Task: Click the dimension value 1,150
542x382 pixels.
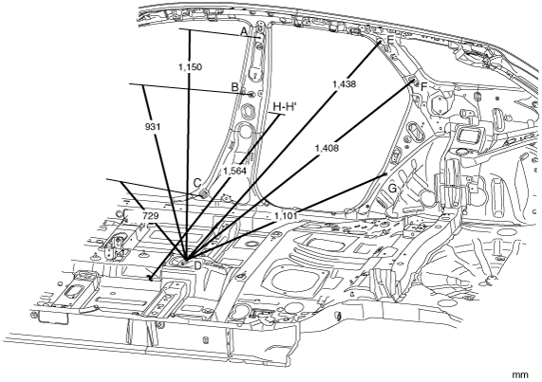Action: pos(191,67)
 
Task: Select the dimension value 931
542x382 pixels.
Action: pos(153,127)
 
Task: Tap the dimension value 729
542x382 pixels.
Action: pos(150,216)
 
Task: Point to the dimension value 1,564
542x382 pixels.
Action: pos(234,171)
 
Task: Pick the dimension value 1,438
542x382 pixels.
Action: pos(344,83)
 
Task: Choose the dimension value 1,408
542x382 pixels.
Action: pos(327,149)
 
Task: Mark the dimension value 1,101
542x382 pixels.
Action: pos(286,216)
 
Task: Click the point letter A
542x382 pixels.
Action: pos(244,32)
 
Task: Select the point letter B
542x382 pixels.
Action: pos(234,87)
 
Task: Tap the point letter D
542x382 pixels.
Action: pos(197,265)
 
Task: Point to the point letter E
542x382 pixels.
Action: pos(390,40)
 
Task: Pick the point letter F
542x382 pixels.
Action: pos(423,87)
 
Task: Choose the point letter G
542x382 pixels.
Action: pos(392,189)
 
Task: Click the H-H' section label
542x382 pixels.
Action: pos(285,107)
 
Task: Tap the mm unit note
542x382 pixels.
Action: pos(520,374)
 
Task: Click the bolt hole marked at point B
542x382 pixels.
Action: pos(252,94)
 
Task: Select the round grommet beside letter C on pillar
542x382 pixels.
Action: pos(204,193)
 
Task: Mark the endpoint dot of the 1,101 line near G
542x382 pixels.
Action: pos(385,175)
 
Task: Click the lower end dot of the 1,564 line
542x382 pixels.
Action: pos(150,277)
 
